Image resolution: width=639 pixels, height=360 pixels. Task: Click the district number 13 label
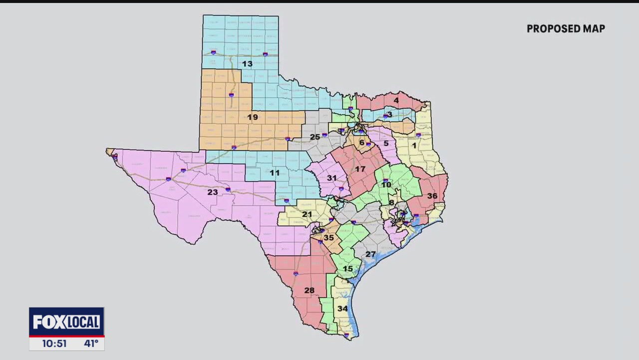(247, 64)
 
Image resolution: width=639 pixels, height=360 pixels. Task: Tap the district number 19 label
(253, 117)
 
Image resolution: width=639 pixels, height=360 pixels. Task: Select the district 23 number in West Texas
(213, 192)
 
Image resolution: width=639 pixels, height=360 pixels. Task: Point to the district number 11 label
(275, 173)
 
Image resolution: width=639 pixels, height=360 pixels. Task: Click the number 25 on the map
(315, 137)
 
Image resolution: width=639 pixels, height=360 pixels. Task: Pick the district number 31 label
(332, 178)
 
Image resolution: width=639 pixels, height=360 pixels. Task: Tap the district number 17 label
(360, 169)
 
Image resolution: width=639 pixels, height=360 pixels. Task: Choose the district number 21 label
(307, 214)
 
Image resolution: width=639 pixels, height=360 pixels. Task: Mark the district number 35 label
(328, 238)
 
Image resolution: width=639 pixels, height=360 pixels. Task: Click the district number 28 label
(310, 290)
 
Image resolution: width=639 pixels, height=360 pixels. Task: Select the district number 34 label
(342, 308)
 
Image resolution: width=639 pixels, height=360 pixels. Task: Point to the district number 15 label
(348, 269)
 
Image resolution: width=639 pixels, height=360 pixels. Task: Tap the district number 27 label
(370, 254)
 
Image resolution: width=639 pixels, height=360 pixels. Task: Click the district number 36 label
(432, 196)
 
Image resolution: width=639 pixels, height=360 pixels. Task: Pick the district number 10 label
(386, 185)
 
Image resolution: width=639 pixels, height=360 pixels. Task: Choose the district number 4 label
(396, 100)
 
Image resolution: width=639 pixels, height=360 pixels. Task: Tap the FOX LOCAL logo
(66, 322)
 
